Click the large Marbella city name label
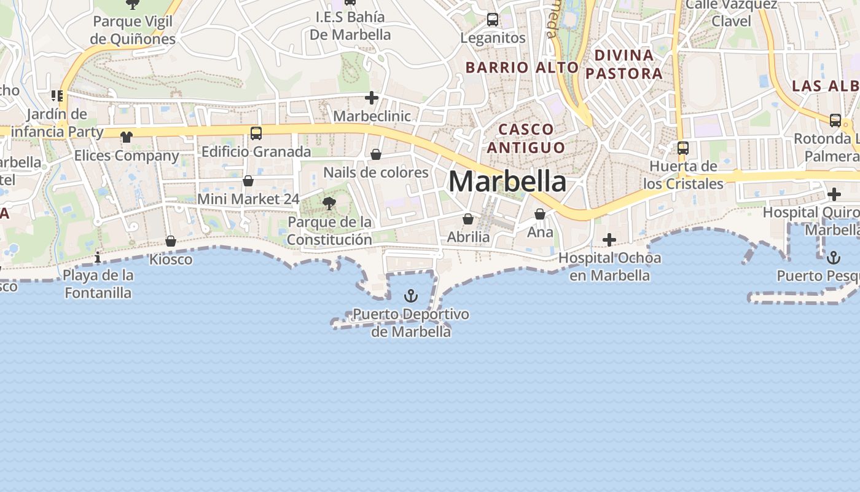507,181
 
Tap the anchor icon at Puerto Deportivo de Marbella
411,296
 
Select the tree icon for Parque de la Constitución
329,204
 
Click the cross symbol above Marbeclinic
372,98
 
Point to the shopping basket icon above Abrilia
468,219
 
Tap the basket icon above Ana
540,214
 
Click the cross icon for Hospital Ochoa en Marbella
609,239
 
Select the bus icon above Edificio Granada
256,133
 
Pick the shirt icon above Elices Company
127,137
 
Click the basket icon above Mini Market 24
248,181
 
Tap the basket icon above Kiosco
171,241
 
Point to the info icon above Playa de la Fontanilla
98,256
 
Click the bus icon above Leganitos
493,20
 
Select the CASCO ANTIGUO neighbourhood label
526,138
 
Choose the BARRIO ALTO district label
522,68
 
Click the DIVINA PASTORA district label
623,65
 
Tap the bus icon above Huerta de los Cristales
683,148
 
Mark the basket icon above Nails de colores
376,154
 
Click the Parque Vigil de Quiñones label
133,30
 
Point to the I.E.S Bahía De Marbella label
350,26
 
